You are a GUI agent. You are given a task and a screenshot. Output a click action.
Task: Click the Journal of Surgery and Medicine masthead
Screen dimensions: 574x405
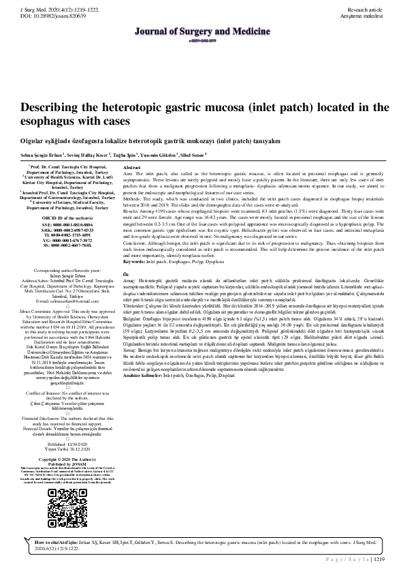202,31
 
